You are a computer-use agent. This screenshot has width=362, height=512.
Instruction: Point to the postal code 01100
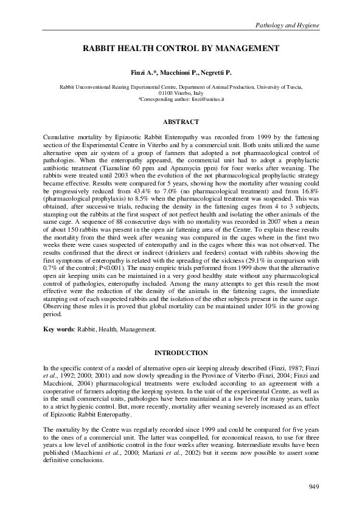tap(167, 93)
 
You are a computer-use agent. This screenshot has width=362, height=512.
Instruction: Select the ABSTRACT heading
tap(181, 122)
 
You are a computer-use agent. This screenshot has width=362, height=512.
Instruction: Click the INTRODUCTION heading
tap(181, 353)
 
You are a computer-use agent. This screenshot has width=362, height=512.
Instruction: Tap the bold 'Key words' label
tap(57, 329)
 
